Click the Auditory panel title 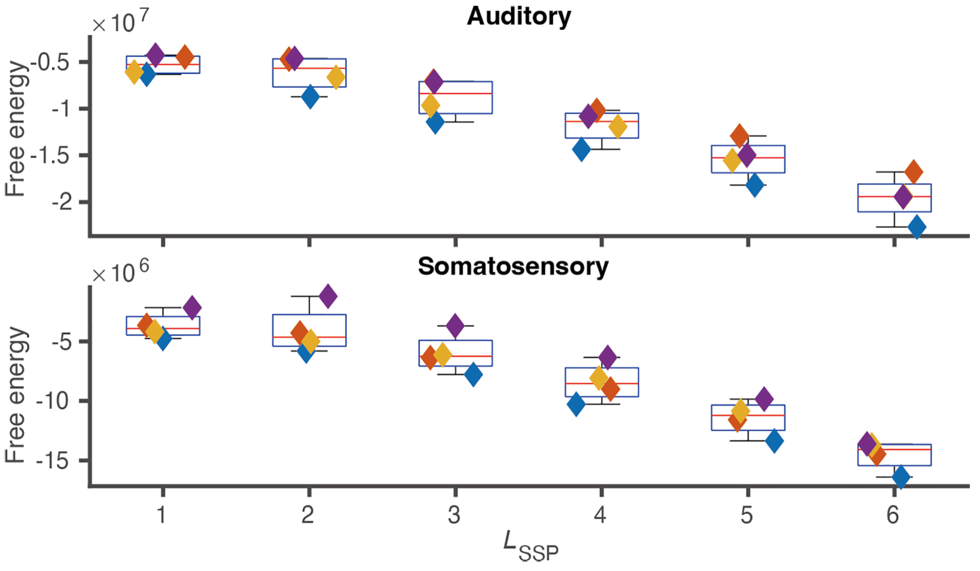[518, 16]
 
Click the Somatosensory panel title [513, 267]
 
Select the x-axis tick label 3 [454, 515]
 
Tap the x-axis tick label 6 [893, 515]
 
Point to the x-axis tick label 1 [162, 515]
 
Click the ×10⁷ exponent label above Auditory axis [120, 22]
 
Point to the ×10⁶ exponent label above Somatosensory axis [120, 272]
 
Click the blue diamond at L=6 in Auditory [917, 227]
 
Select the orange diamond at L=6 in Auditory [914, 172]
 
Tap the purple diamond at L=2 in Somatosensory [328, 296]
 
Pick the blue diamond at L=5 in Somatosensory [774, 441]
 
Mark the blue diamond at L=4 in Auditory [581, 149]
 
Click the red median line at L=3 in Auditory [455, 93]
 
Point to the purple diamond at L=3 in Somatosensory [455, 326]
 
